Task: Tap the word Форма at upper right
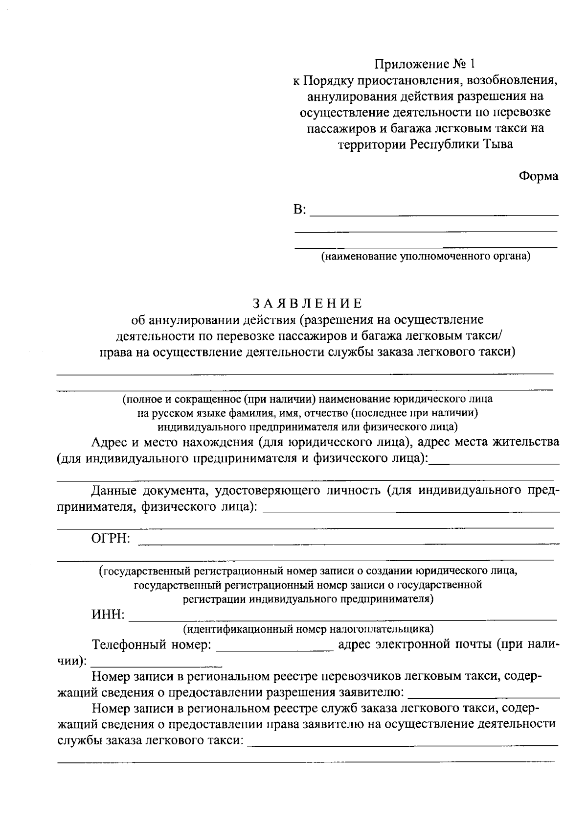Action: pyautogui.click(x=538, y=177)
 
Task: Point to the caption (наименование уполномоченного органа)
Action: pyautogui.click(x=426, y=256)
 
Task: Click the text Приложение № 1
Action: pyautogui.click(x=425, y=64)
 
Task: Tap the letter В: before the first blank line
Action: pyautogui.click(x=299, y=210)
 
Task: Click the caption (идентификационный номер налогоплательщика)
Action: pyautogui.click(x=308, y=628)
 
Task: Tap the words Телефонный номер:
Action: pyautogui.click(x=152, y=644)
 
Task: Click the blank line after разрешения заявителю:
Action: pyautogui.click(x=483, y=696)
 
